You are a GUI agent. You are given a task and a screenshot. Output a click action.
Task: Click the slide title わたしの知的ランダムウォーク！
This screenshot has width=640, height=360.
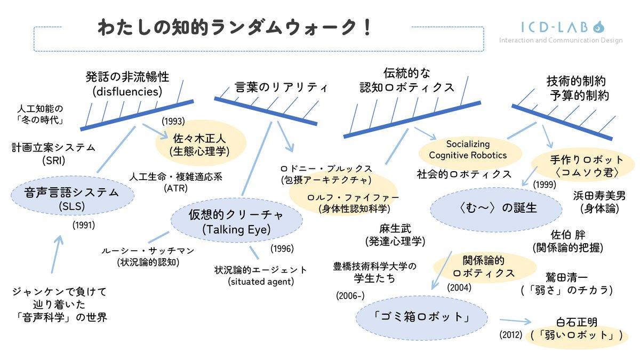coord(235,28)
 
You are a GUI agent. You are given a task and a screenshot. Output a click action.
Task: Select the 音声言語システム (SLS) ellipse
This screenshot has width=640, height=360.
coord(64,197)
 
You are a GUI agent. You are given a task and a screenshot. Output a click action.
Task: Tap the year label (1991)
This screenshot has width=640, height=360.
coord(83,225)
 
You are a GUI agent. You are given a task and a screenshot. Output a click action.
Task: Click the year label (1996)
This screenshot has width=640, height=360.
coord(282,249)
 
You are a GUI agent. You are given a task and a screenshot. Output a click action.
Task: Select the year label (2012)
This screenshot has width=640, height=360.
coord(510,335)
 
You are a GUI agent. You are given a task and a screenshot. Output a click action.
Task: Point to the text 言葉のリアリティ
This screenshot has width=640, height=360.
coord(281,87)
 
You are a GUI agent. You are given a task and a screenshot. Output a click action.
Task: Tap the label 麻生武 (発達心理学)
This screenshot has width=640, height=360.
coord(395,235)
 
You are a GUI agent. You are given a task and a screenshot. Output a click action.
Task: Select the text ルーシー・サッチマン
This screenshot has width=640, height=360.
coord(148,251)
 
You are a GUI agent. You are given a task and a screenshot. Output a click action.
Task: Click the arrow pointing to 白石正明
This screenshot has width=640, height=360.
coord(516,322)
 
